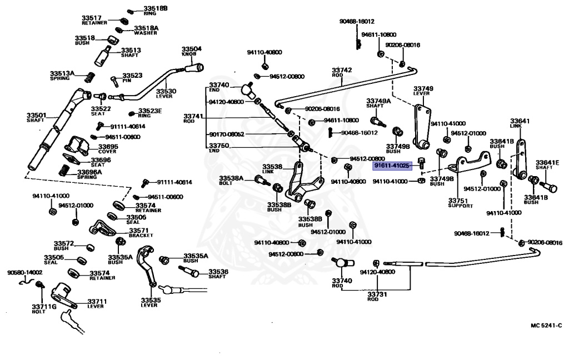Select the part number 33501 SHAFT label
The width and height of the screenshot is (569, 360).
click(x=36, y=118)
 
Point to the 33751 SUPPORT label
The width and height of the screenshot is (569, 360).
click(x=460, y=203)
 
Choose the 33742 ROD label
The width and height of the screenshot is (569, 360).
click(x=342, y=73)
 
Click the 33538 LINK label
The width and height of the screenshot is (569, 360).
click(x=273, y=168)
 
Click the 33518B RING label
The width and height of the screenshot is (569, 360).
click(x=155, y=10)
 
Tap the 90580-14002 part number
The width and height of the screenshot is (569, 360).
click(x=24, y=273)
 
